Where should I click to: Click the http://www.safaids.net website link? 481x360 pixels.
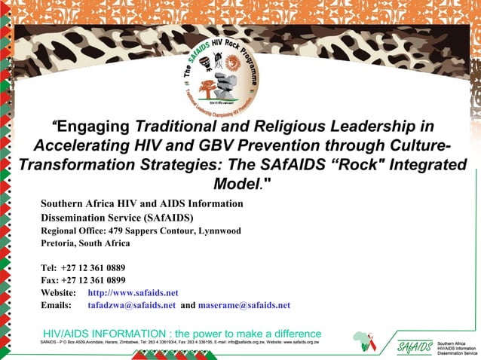tap(133, 292)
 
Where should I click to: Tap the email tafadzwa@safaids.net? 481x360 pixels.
tap(132, 305)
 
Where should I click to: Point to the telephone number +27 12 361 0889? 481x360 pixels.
tap(93, 267)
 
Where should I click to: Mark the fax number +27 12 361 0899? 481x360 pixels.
tap(93, 279)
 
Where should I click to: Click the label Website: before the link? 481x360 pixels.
tap(59, 292)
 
